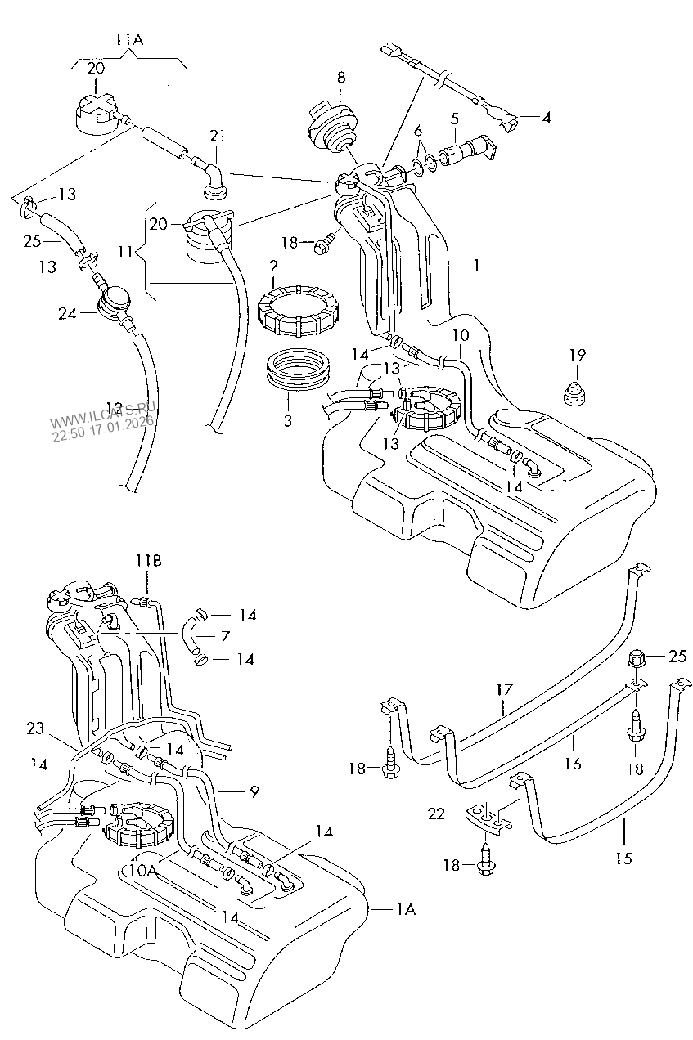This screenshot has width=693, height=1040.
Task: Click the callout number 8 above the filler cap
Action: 341,78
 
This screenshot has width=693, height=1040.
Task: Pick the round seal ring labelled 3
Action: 299,367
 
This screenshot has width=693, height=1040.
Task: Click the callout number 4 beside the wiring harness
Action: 546,118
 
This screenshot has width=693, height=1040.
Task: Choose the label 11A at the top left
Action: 128,38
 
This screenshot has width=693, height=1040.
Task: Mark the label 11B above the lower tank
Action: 149,560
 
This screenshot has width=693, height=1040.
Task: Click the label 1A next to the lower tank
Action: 406,909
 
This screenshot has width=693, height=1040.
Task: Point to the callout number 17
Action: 504,691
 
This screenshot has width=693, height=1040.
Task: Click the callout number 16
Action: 572,763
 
